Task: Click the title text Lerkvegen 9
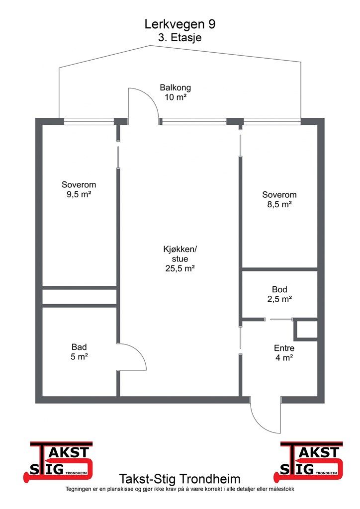180,24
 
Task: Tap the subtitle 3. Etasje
180,37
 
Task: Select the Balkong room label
176,87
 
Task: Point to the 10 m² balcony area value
176,97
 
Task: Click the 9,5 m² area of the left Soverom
79,194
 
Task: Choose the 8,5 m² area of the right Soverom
279,204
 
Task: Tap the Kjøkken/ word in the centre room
180,250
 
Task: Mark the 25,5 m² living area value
180,268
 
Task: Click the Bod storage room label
279,289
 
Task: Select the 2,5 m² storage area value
279,299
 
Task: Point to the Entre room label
284,348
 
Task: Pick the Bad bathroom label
79,347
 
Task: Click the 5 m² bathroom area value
79,357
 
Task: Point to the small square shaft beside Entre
305,330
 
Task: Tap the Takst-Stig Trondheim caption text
180,479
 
